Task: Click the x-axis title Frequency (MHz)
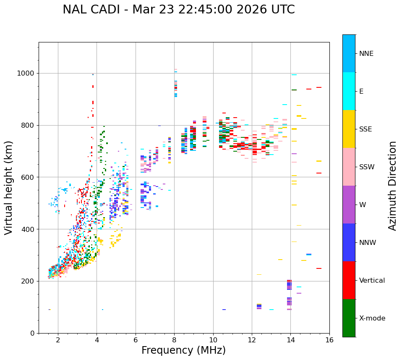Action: click(x=183, y=350)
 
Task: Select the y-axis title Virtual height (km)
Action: click(x=9, y=187)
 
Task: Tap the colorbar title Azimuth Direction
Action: click(x=392, y=186)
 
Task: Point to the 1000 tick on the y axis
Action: click(x=27, y=73)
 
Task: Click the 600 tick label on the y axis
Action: click(x=29, y=177)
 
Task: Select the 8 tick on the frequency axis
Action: click(x=174, y=340)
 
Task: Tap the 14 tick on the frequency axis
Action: click(x=290, y=340)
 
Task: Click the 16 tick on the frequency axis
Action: click(x=329, y=340)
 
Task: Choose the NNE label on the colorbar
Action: click(x=366, y=54)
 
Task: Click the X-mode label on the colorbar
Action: click(x=372, y=318)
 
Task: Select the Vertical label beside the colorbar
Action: click(x=372, y=281)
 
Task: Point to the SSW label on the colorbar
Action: click(x=367, y=167)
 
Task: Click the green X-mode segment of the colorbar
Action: click(x=349, y=318)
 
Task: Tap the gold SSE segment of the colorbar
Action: click(x=349, y=129)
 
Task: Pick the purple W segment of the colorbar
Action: click(x=349, y=205)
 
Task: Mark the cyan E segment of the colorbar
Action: click(x=349, y=91)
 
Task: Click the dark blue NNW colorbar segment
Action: click(x=349, y=242)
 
